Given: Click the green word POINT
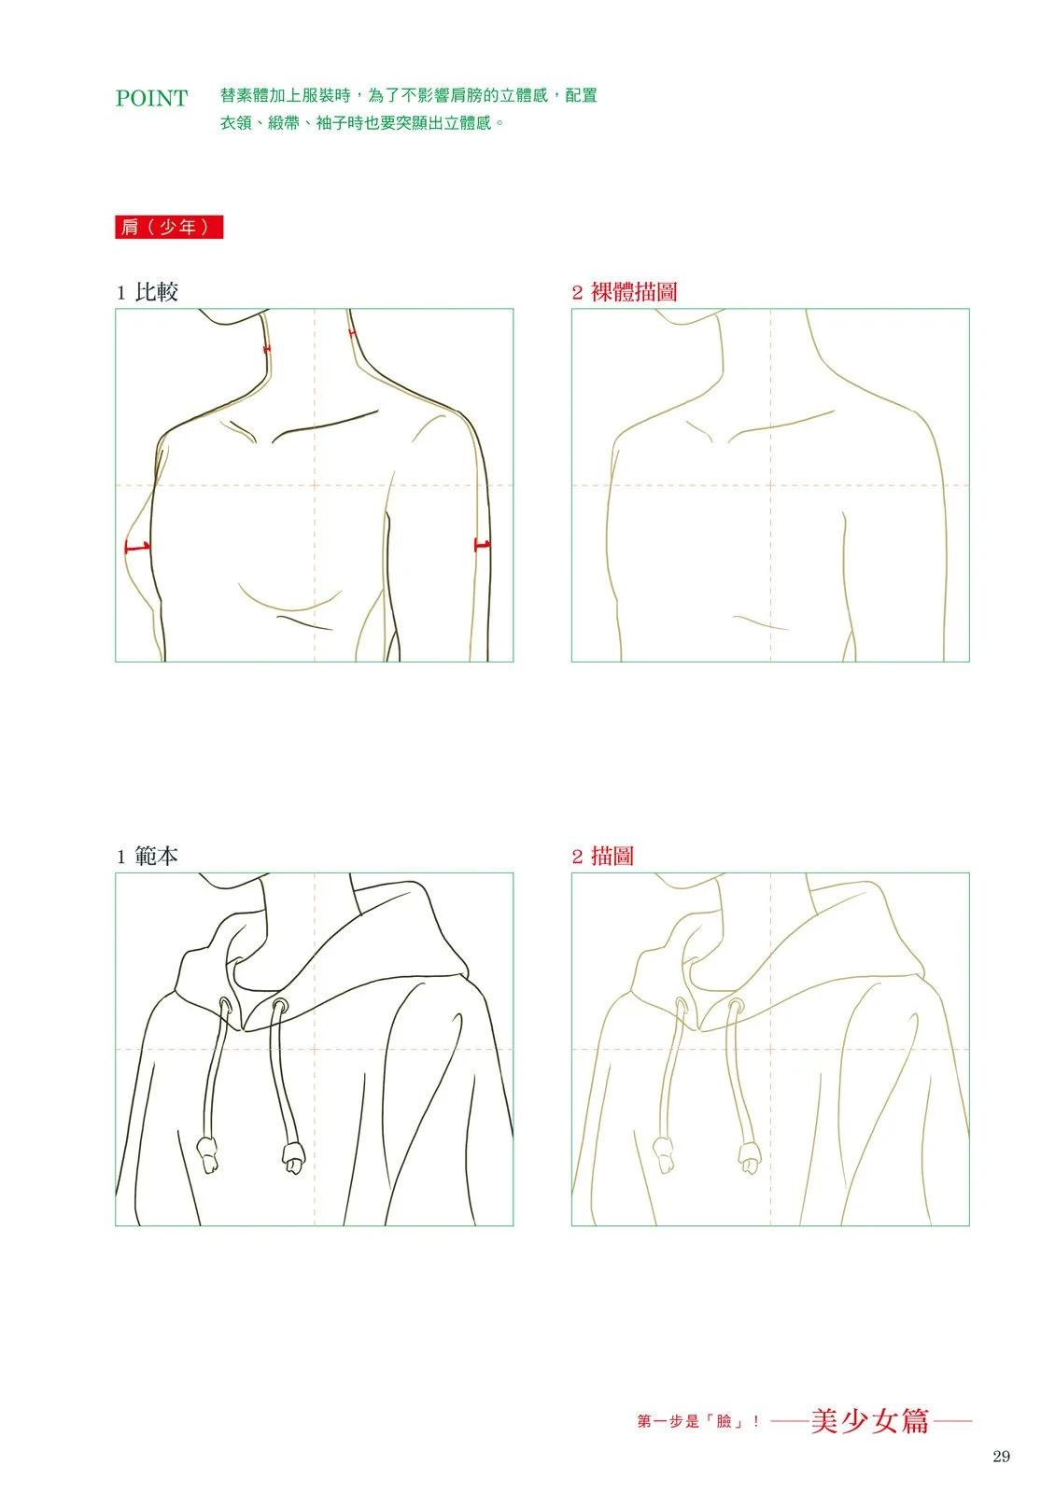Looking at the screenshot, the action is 151,98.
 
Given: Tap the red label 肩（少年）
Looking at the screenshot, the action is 169,228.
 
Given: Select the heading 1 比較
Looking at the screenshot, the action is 148,292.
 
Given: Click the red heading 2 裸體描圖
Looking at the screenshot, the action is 625,292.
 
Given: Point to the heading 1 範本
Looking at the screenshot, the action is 148,857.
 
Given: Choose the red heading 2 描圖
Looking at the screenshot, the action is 603,857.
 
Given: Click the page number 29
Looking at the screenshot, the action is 1001,1457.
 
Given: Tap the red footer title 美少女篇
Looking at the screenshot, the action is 870,1421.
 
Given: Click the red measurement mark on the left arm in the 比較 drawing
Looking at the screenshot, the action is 137,547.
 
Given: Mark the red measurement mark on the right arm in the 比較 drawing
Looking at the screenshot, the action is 482,545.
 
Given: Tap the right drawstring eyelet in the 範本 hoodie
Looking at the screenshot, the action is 279,1004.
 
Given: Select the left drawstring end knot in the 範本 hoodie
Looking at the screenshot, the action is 208,1156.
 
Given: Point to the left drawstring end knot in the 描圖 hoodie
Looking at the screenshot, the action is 664,1156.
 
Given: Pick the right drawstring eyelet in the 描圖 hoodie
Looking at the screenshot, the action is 735,1004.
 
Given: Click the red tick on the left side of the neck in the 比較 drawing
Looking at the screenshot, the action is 267,349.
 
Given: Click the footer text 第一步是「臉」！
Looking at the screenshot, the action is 698,1422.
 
